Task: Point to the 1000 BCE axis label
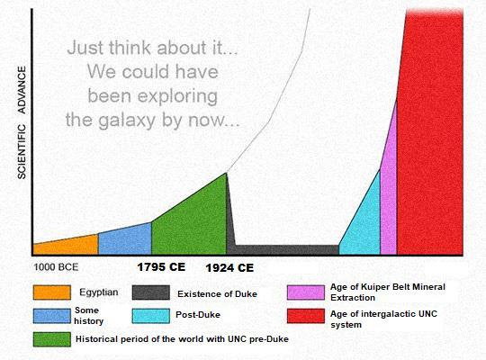(56, 267)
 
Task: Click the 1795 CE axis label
(161, 267)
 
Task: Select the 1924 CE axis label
(229, 268)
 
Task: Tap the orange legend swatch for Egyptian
(50, 292)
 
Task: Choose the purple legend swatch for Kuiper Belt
(305, 292)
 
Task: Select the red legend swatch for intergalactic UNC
(305, 316)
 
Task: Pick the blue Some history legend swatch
(50, 316)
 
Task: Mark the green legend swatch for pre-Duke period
(50, 339)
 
